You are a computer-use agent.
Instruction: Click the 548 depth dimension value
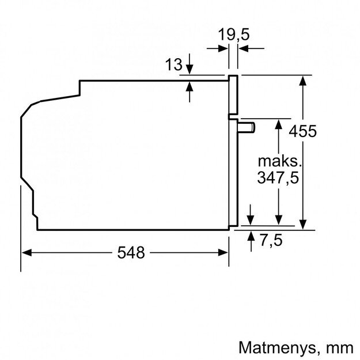131,252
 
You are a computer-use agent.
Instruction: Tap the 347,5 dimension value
278,178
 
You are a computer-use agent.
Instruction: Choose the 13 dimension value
173,65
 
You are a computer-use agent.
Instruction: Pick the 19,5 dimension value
234,35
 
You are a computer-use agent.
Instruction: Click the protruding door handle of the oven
247,127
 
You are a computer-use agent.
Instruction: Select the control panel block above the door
234,96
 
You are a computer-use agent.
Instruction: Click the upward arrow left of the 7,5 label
251,237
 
